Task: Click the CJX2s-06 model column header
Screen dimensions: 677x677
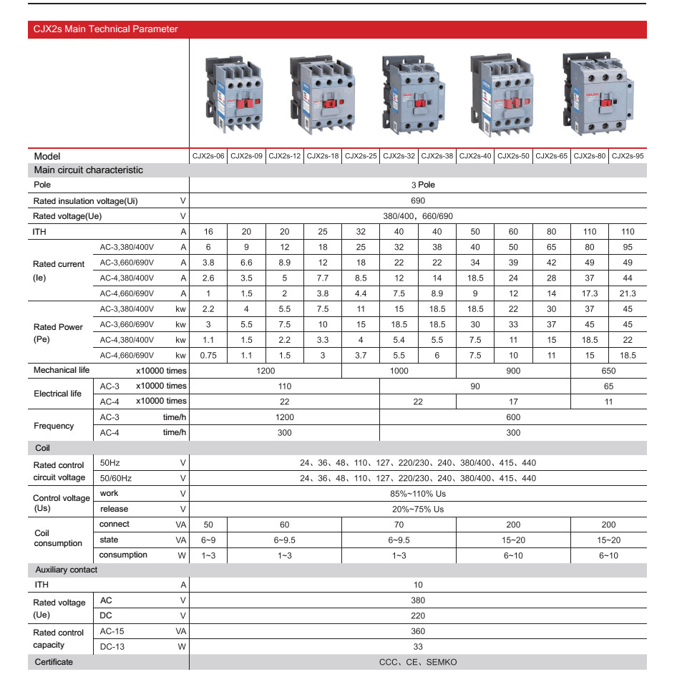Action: coord(208,156)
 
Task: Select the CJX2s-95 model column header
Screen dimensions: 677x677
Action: coord(628,156)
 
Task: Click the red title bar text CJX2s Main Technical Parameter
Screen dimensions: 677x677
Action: coord(106,29)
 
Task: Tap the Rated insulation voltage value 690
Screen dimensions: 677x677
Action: coord(418,201)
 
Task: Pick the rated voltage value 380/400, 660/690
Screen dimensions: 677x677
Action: coord(418,216)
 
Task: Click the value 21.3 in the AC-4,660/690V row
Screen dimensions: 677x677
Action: coord(628,293)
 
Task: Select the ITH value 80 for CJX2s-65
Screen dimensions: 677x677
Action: coord(552,232)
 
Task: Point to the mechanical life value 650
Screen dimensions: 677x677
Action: coord(608,371)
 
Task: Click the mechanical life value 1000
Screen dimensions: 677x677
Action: coord(399,371)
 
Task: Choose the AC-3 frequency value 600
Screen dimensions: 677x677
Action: coord(513,417)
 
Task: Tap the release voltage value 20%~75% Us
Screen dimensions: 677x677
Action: coord(418,510)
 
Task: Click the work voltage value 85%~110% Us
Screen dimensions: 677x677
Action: coord(418,494)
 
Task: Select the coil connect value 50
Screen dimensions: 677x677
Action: coord(208,525)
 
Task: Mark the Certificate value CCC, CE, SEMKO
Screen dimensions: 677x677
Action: coord(418,663)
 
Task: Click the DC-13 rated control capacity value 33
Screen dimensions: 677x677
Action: coord(418,647)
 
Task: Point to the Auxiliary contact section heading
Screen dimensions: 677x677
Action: coord(67,570)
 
